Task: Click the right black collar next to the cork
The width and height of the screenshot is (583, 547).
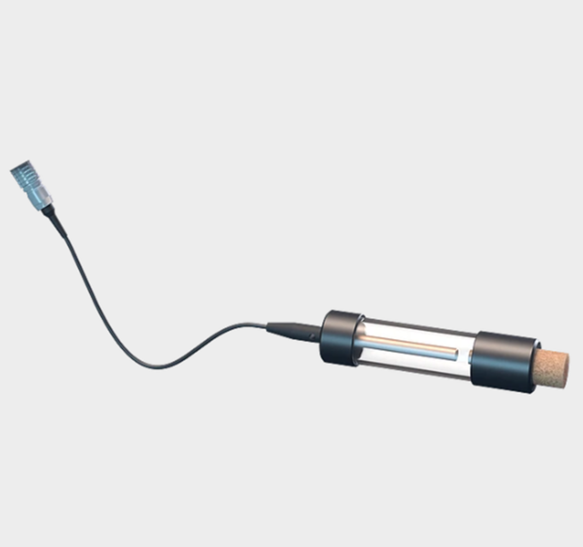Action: pyautogui.click(x=504, y=362)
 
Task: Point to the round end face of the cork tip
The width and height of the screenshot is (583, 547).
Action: pyautogui.click(x=566, y=369)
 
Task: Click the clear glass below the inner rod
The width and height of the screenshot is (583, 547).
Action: pyautogui.click(x=410, y=362)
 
